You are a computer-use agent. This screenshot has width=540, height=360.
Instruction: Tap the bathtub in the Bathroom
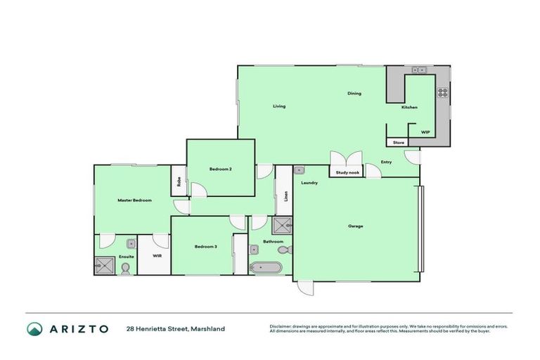point(266,267)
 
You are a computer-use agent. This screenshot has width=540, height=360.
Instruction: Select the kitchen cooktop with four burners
point(443,91)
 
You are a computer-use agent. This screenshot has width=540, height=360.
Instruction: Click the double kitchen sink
point(419,70)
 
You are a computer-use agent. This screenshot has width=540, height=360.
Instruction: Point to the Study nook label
point(347,172)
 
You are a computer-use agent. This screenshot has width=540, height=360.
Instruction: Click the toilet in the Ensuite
point(126,268)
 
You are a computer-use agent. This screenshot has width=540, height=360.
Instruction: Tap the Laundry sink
point(299,169)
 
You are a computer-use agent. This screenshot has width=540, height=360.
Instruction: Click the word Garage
point(356,226)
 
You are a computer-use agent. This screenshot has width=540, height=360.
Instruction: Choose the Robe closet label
point(179,181)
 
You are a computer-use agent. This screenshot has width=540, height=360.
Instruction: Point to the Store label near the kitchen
point(398,143)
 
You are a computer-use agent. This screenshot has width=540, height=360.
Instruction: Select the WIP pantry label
point(425,131)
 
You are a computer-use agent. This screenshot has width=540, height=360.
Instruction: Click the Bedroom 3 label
point(206,246)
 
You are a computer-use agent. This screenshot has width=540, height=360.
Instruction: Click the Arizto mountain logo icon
point(34,328)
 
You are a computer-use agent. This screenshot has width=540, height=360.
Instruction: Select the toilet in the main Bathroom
point(283,250)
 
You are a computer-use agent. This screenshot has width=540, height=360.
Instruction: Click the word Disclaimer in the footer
point(283,326)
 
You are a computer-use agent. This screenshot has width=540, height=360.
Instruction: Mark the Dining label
point(354,93)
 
